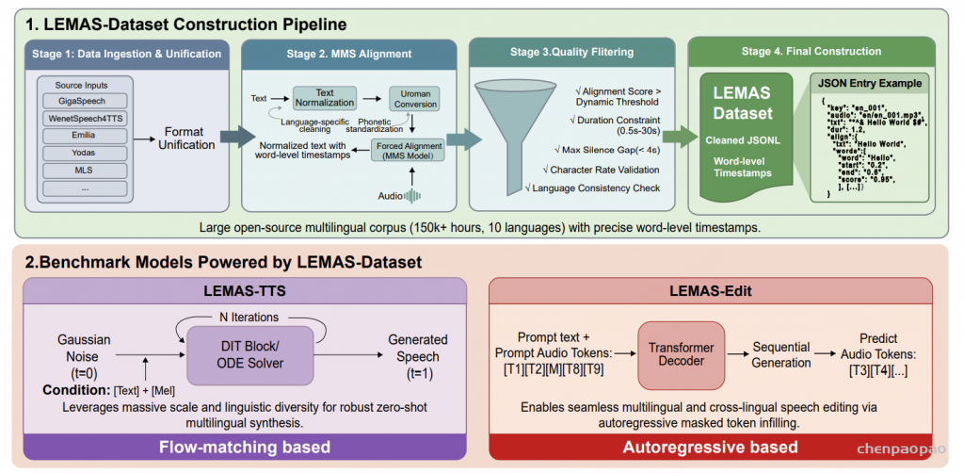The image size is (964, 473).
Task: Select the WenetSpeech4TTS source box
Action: click(83, 121)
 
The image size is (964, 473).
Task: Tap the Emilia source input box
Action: click(83, 138)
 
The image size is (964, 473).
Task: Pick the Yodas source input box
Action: click(83, 155)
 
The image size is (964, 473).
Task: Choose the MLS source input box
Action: click(83, 171)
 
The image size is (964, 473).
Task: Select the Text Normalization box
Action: click(328, 98)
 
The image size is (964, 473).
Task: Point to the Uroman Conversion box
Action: click(415, 98)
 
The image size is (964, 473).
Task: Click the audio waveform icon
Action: click(412, 196)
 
